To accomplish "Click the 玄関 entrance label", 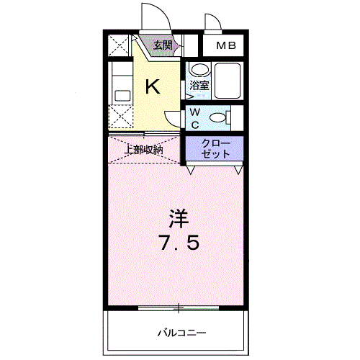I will coord(162,45).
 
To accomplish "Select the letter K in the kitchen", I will coord(153,87).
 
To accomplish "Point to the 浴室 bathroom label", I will coord(199,86).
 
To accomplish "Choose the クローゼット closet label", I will coord(216,148).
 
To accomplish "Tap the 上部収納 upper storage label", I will coord(143,150).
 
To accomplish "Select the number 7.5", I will coord(179,243).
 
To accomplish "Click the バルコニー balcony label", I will coord(182,333).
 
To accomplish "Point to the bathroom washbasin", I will coord(199,71).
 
